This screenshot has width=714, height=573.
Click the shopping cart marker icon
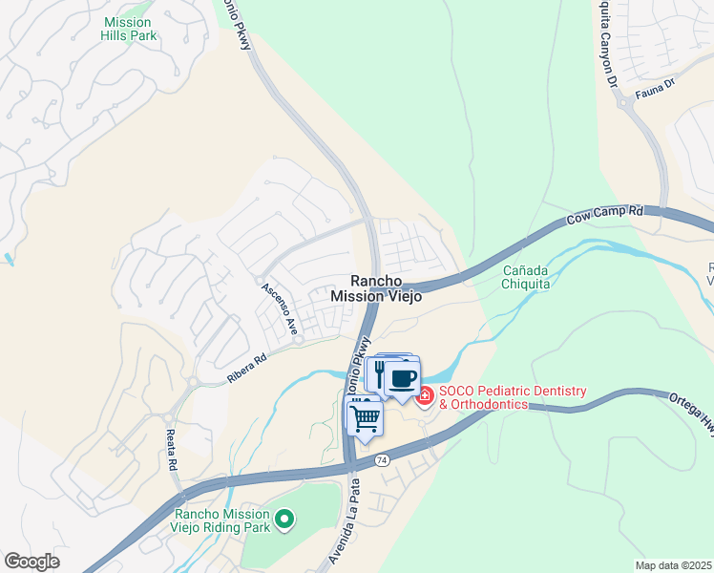[x=365, y=416]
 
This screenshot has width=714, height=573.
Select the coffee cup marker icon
[x=402, y=376]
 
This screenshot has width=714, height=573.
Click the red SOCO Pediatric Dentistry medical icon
[x=424, y=394]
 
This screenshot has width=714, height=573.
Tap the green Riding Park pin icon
[x=283, y=520]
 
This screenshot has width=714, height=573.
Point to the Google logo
[x=32, y=562]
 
